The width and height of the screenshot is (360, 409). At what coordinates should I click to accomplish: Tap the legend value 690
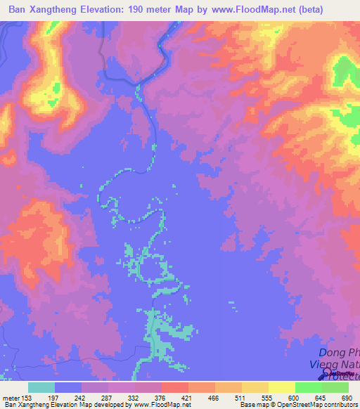[346, 398]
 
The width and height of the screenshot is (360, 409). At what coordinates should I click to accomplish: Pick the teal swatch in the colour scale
[41, 387]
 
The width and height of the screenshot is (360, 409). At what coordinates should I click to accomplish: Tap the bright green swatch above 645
[307, 387]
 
